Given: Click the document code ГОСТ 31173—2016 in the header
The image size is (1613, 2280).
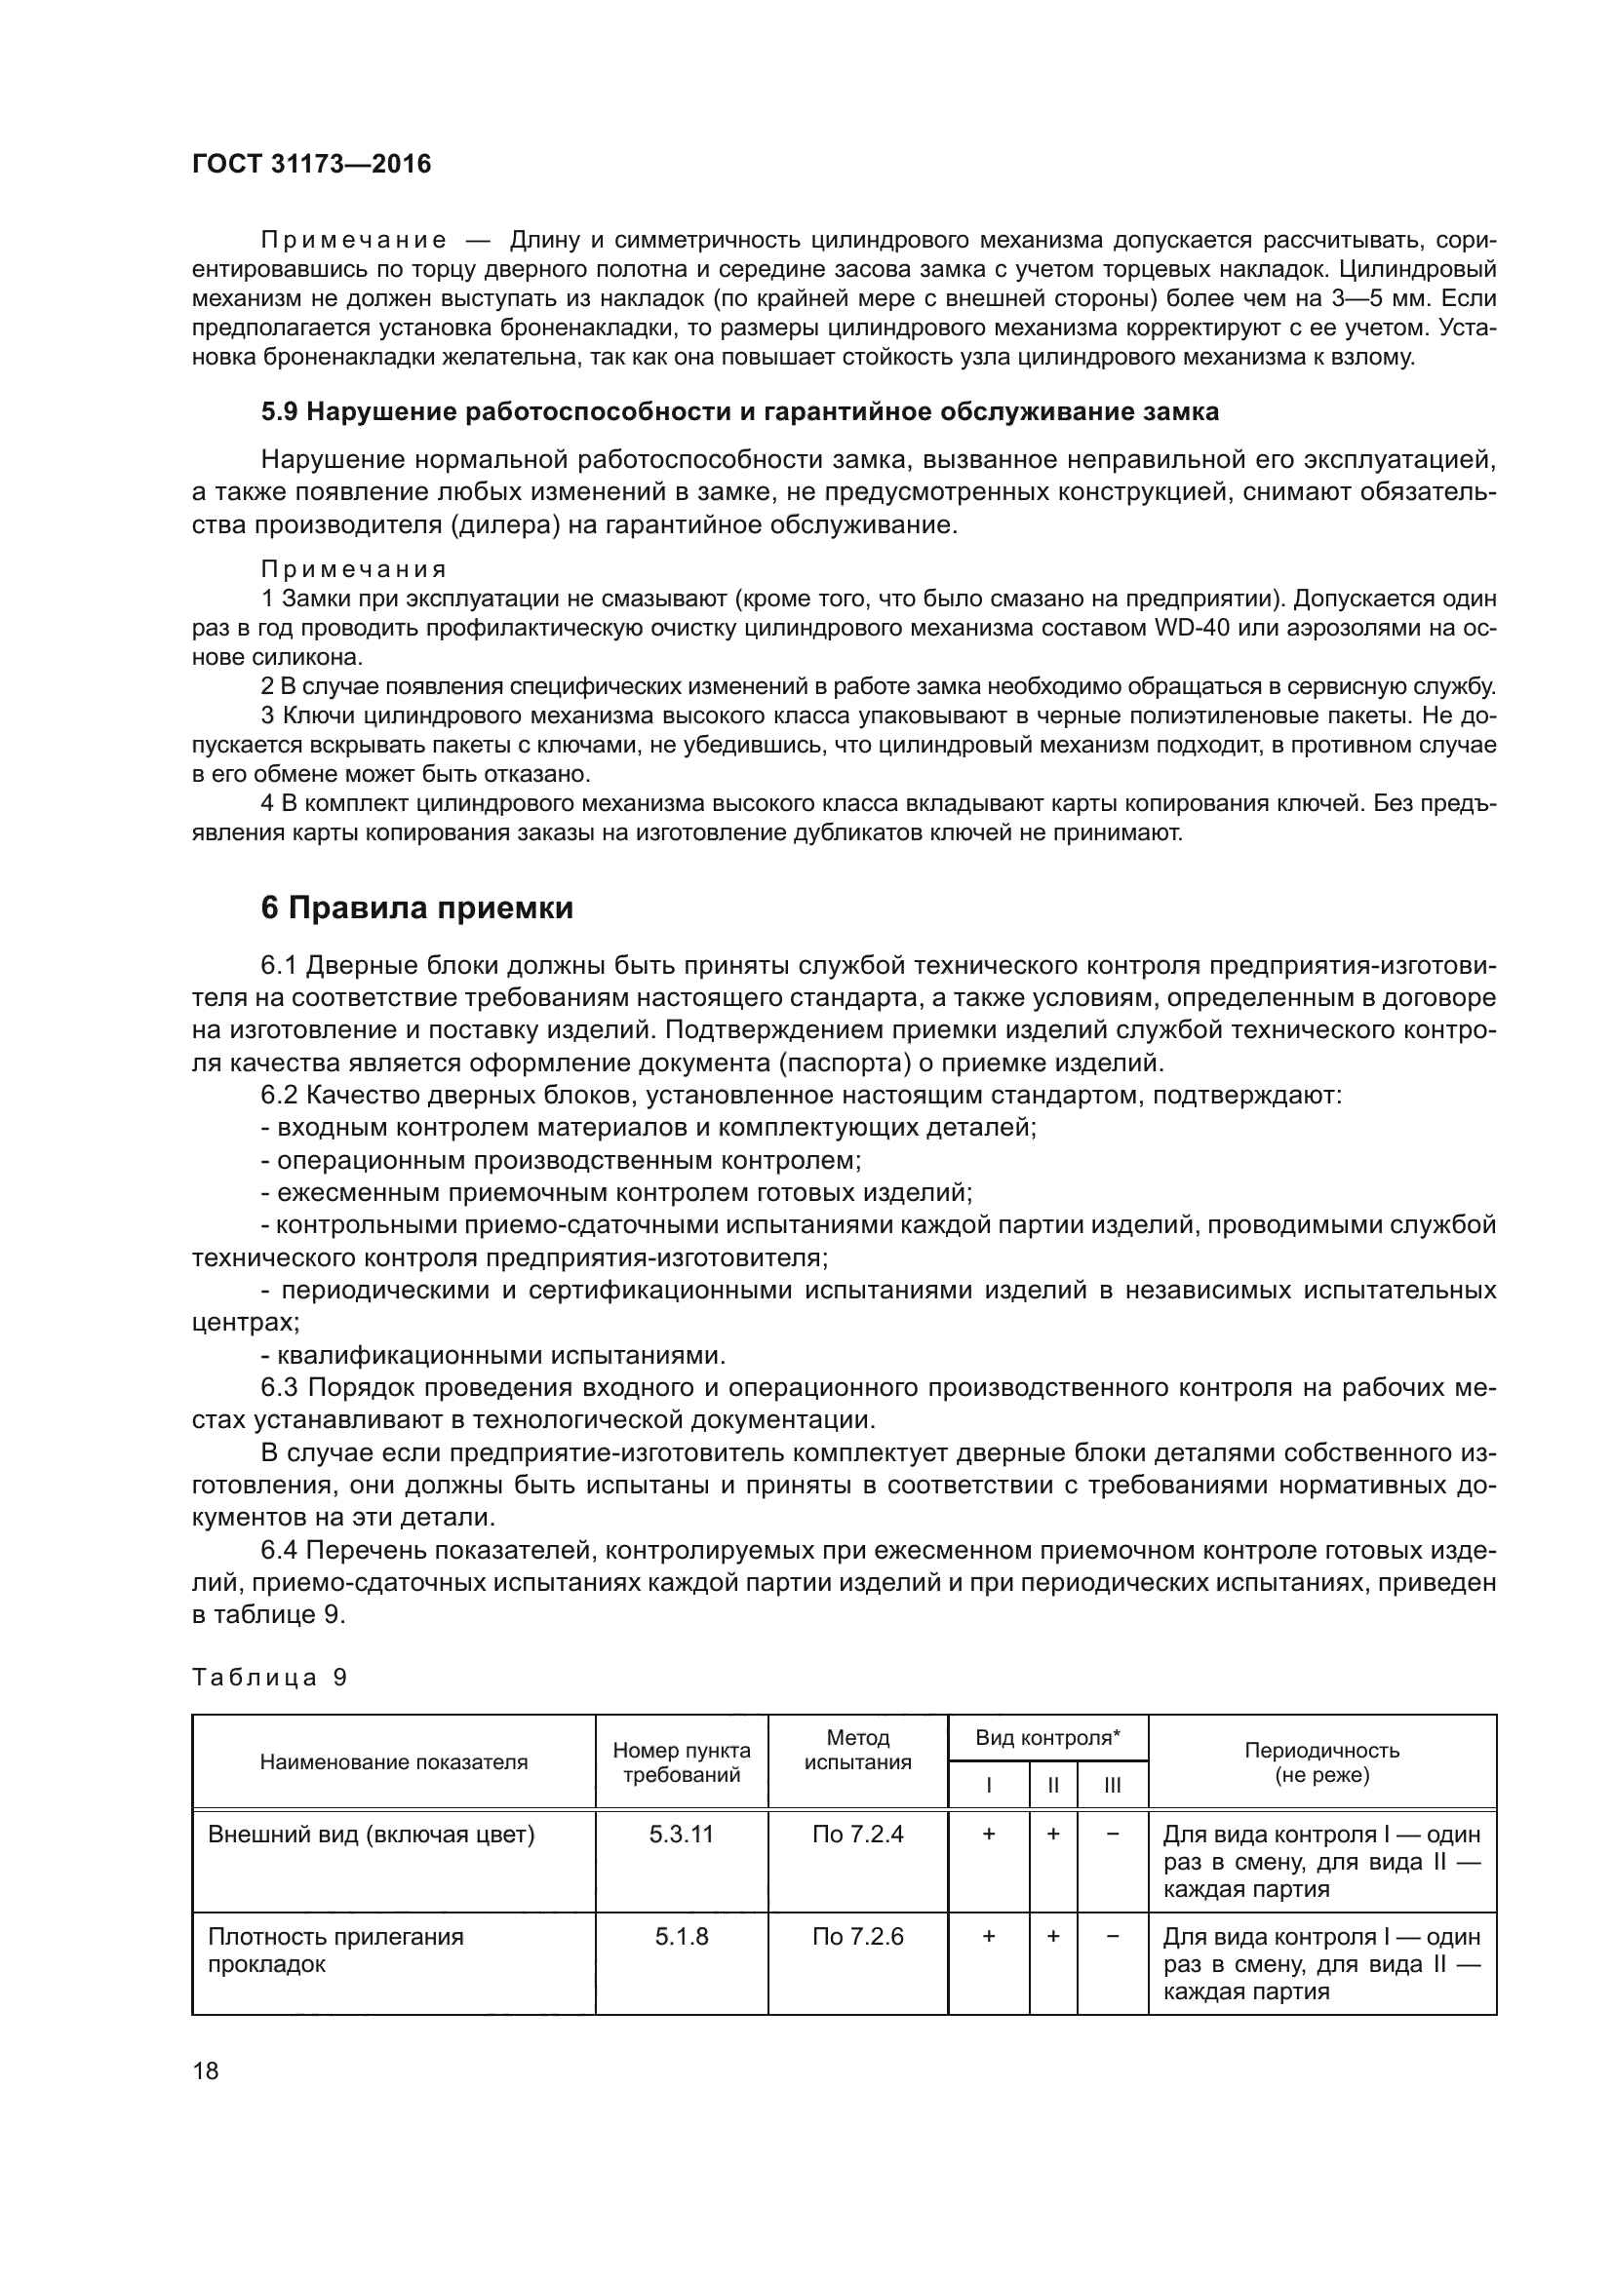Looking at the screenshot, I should click(312, 164).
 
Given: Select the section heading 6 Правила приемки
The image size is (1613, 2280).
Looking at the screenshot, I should click(417, 908).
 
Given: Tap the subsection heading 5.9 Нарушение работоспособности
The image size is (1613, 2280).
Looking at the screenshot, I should click(739, 412).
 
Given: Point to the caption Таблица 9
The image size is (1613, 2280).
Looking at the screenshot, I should click(269, 1678).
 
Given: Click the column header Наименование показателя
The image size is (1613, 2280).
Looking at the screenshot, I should click(393, 1761).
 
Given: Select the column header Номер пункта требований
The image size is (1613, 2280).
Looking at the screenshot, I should click(682, 1761).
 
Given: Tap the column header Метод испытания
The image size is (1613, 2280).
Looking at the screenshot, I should click(857, 1750).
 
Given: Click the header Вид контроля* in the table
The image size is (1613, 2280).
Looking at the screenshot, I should click(1046, 1737).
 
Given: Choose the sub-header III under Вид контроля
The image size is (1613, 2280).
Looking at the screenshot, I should click(1113, 1785).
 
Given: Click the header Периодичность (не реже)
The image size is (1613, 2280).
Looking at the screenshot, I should click(1321, 1761).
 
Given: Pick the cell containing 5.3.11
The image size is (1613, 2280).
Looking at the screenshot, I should click(682, 1834).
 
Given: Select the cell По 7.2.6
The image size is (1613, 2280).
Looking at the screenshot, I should click(857, 1936).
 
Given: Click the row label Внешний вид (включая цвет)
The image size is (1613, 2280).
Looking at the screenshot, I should click(372, 1834).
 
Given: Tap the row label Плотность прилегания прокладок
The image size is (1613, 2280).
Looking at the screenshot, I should click(335, 1950).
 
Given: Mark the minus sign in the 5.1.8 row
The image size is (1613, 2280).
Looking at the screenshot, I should click(1113, 1936).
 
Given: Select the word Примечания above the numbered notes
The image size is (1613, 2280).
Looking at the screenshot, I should click(354, 569).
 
